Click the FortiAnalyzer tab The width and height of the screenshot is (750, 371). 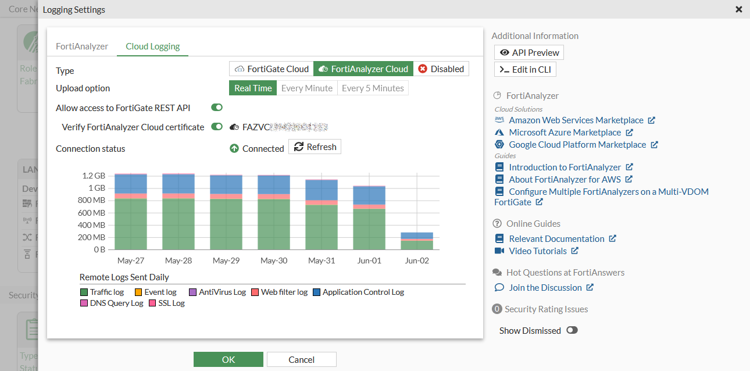[x=82, y=47]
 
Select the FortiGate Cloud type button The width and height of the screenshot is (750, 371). [x=272, y=69]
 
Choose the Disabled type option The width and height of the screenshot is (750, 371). [x=441, y=69]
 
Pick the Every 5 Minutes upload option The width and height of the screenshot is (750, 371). [x=373, y=88]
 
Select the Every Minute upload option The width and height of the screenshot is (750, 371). [x=307, y=88]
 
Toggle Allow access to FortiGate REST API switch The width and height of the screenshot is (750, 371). [x=217, y=108]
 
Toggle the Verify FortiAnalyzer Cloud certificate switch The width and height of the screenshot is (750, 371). [x=217, y=127]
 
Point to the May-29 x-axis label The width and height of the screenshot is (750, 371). [x=226, y=261]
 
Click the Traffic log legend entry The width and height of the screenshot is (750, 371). [x=102, y=292]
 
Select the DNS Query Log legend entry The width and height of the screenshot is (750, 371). [x=112, y=304]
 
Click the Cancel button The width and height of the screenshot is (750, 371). [x=301, y=359]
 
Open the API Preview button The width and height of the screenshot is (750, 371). [x=529, y=53]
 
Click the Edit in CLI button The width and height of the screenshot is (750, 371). [x=526, y=70]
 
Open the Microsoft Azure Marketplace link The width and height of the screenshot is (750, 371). [x=565, y=133]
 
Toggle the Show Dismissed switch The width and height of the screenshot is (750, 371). [x=572, y=330]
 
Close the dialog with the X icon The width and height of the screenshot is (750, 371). [x=738, y=10]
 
